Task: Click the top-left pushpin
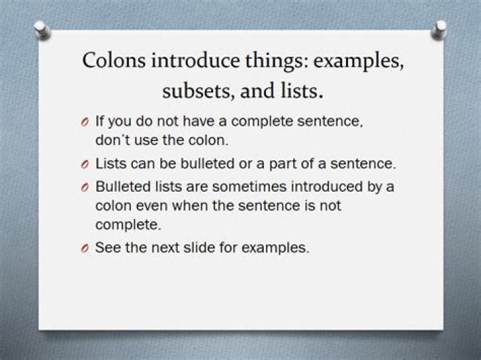coord(41,29)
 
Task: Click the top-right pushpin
coord(440,27)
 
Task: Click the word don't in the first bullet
coord(111,142)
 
